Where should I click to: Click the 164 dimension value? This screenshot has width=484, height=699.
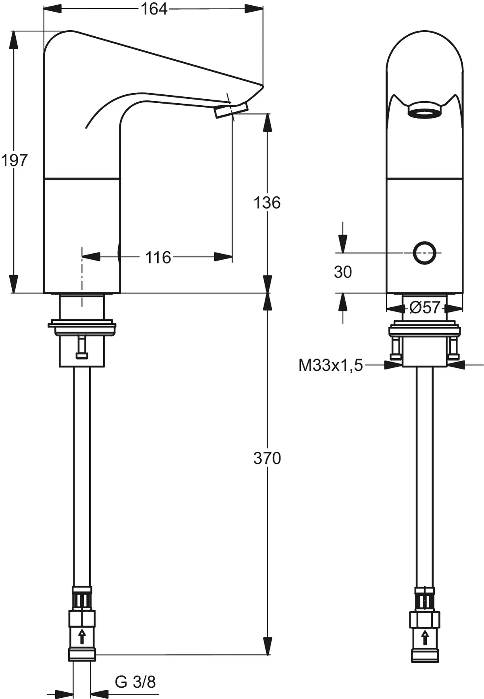coord(154,9)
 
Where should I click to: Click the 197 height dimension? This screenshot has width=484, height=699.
coord(14,161)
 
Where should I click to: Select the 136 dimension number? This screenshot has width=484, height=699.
coord(267,202)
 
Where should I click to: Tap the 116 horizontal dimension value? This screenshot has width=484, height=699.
coord(158,257)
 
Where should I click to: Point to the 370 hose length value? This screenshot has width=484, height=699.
coord(267,458)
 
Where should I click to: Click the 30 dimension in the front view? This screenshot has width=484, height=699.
coord(343,272)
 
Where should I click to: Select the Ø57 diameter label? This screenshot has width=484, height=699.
coord(424,308)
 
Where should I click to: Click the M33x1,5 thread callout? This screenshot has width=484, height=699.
coord(330,365)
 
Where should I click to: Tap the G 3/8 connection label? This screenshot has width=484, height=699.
coord(135,682)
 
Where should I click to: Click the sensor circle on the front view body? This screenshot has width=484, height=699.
coord(425,253)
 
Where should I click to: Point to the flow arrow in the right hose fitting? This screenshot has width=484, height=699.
coord(425,638)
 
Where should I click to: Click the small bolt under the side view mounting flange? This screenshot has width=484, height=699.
coord(82,347)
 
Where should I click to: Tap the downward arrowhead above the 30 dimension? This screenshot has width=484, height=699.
coord(343,244)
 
